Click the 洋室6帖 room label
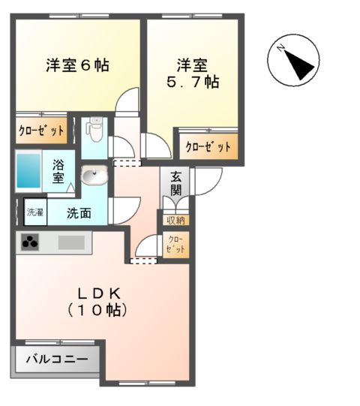(x=77, y=65)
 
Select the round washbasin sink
(x=94, y=177)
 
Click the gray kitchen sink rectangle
(x=72, y=242)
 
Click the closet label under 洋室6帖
(x=41, y=130)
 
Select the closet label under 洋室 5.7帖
(x=208, y=147)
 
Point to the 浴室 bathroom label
(x=58, y=173)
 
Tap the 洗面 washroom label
(x=79, y=212)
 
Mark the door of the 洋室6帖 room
(x=129, y=101)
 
